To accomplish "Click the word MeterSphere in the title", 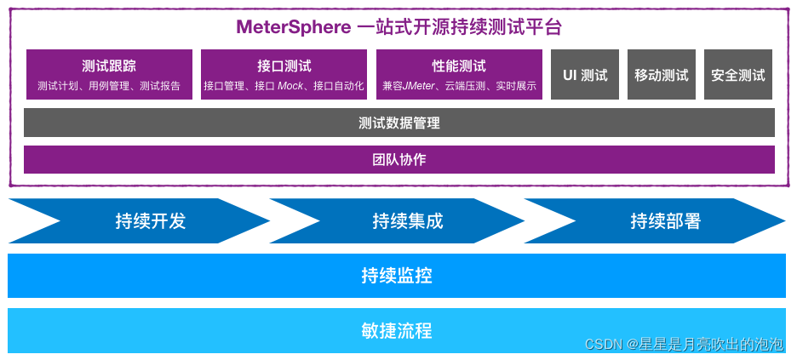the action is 293,27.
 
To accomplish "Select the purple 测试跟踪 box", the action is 109,74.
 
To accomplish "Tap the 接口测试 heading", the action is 284,66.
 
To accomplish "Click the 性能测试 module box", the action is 459,74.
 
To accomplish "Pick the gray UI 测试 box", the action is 585,74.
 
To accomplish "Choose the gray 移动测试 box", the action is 662,74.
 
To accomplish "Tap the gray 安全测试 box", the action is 738,74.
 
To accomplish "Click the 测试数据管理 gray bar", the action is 399,123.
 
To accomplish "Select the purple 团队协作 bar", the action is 399,159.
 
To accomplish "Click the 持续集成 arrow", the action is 402,221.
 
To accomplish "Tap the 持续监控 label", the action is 397,276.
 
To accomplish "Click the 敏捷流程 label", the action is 397,330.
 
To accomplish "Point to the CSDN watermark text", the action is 684,345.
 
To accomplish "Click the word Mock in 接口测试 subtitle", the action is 290,86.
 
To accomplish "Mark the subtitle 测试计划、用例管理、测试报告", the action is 109,86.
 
